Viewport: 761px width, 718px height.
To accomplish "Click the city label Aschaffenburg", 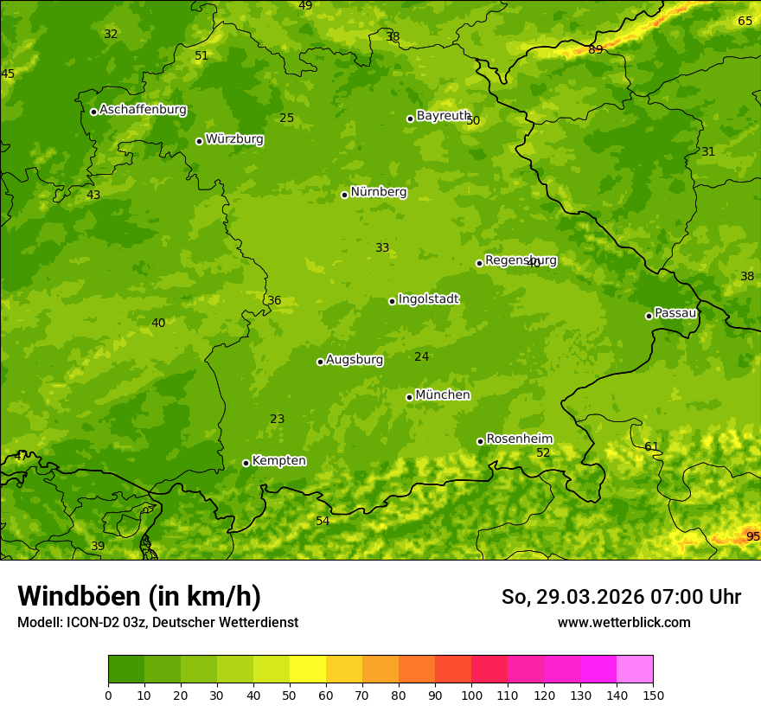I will pos(143,110).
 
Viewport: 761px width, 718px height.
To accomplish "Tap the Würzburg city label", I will pos(234,139).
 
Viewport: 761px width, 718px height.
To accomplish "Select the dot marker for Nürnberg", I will pos(344,195).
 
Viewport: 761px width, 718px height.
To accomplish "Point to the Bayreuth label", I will pos(443,116).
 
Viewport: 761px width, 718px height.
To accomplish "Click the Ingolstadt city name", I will pos(428,299).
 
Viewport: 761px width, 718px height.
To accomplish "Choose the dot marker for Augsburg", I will pos(320,362).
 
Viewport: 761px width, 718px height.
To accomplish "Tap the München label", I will pos(443,395).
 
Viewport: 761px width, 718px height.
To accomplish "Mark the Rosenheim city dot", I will pos(480,441).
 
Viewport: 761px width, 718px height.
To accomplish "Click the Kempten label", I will pos(278,461).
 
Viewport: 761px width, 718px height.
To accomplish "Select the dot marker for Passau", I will pos(649,316).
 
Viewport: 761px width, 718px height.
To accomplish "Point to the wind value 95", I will pos(752,536).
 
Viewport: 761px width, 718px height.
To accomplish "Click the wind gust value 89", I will pos(595,49).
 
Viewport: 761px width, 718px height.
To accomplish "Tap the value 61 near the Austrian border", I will pos(651,446).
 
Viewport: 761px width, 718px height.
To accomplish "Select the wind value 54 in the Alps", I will pos(323,521).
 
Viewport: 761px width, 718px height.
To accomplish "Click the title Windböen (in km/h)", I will pos(139,596).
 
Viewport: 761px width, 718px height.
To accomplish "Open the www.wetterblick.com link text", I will pos(624,622).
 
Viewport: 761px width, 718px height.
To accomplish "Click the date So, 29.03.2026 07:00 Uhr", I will pos(621,597).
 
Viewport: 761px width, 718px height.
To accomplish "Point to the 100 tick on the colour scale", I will pos(471,695).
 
